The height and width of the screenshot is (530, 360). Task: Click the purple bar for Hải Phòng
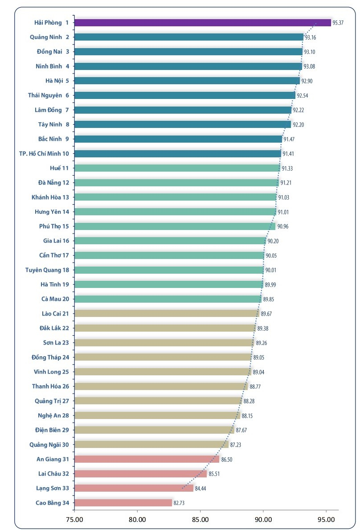[203, 23]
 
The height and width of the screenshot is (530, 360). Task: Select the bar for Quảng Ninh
[189, 37]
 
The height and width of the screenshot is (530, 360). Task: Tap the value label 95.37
[338, 23]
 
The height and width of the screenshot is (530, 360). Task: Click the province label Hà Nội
[54, 81]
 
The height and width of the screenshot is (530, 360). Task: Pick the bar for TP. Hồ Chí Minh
[178, 153]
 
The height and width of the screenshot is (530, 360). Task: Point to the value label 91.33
[287, 168]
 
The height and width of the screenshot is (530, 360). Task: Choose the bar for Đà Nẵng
[177, 182]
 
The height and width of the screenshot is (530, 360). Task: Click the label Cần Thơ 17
[54, 255]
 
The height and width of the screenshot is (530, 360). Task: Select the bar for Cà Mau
[168, 299]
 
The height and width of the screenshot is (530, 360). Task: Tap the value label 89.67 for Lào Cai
[266, 314]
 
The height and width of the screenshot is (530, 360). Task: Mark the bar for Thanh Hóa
[161, 386]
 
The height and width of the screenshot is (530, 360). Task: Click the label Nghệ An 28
[53, 415]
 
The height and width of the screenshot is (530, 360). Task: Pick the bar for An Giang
[147, 459]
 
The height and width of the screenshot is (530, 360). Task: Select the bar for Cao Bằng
[123, 503]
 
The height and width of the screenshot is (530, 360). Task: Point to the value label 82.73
[179, 503]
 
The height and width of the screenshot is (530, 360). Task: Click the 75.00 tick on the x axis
[74, 519]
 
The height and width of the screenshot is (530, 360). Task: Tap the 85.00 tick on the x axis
[200, 519]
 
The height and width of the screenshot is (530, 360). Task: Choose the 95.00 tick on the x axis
[326, 519]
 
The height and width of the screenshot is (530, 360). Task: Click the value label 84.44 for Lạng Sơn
[200, 489]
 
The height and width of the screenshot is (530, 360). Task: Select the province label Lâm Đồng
[48, 110]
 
